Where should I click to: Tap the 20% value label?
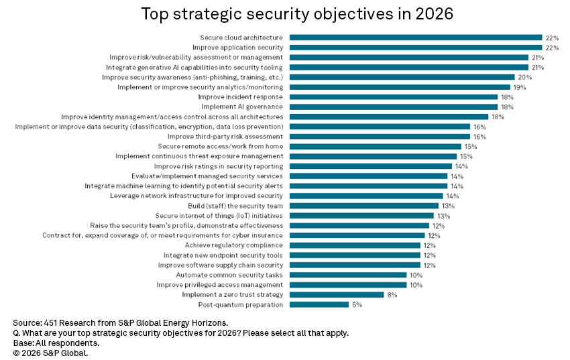point(525,77)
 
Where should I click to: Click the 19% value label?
point(520,87)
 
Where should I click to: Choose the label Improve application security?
point(237,48)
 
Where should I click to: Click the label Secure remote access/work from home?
point(220,146)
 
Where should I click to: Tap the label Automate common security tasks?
point(229,275)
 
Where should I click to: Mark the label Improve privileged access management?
point(220,285)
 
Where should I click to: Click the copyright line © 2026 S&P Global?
point(50,352)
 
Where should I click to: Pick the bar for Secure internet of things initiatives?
point(362,216)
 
